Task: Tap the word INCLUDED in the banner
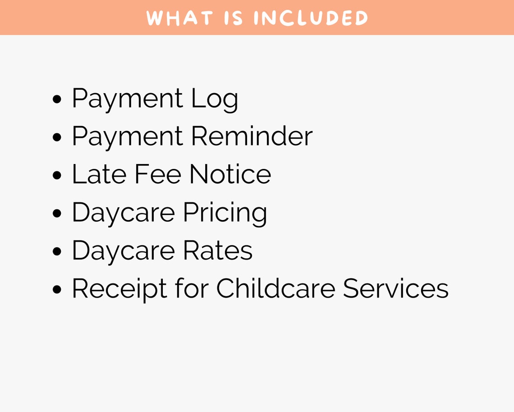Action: pos(311,18)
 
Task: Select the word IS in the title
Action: pos(234,18)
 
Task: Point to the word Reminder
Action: pos(252,136)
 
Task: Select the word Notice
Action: pos(230,174)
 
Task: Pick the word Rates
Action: pos(218,250)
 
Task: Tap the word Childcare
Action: pos(275,288)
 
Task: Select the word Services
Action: pos(395,288)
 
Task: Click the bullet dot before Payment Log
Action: pos(57,100)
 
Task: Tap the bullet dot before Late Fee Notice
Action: pos(57,176)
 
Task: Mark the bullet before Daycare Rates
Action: pos(57,252)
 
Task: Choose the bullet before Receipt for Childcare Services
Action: pos(57,290)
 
